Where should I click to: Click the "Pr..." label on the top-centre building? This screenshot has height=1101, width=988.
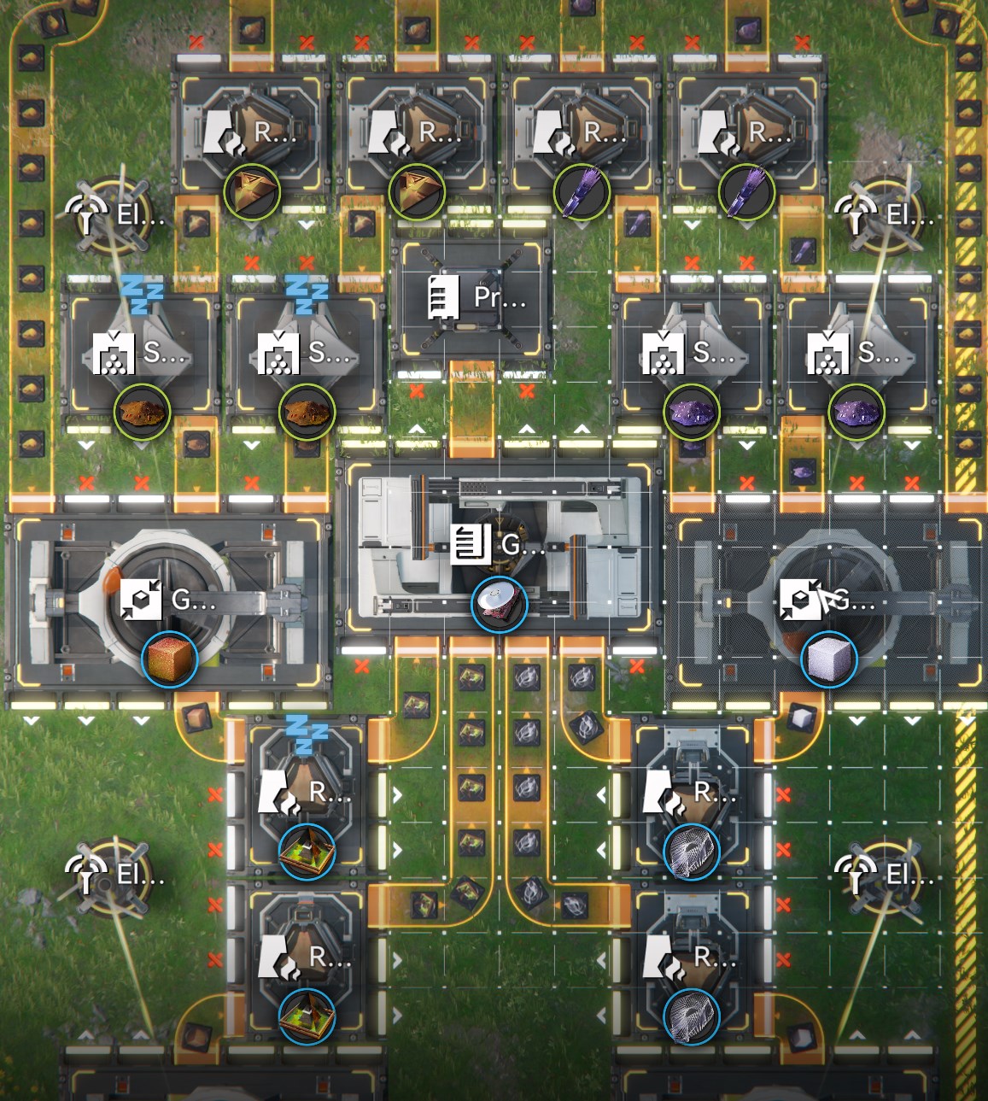coord(500,297)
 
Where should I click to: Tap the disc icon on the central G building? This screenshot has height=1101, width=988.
coord(500,604)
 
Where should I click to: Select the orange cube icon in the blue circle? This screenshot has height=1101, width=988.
coord(170,659)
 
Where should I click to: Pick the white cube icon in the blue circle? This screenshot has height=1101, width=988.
coord(828,659)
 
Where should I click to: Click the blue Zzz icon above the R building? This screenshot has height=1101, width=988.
coord(307,735)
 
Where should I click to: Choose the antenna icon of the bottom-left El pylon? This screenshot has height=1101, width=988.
coord(86,874)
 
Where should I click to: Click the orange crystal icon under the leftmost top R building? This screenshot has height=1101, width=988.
coord(252,193)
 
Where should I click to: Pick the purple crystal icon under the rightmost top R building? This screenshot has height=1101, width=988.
coord(746,193)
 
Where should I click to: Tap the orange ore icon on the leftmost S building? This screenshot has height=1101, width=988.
coord(142,413)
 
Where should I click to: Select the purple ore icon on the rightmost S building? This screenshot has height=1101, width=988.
coord(856,413)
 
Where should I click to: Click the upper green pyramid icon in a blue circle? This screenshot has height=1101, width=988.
coord(307,852)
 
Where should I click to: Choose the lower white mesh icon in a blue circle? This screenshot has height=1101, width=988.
coord(692,1016)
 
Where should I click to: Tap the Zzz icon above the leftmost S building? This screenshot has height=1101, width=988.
coord(142,293)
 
